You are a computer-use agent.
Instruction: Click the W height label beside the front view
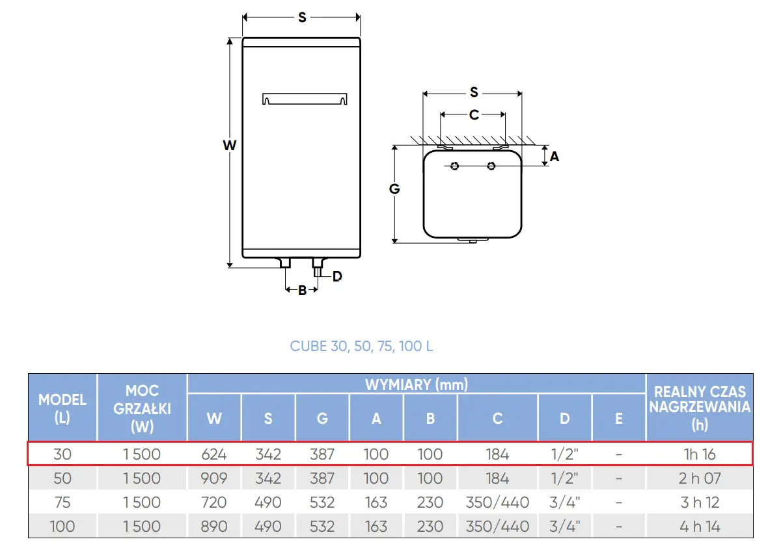(229, 145)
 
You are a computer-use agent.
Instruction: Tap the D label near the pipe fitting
(337, 276)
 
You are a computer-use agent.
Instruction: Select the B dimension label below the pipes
(302, 290)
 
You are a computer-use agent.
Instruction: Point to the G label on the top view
(394, 189)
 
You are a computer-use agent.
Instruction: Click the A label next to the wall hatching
(555, 157)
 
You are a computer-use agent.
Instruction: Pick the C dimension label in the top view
(474, 114)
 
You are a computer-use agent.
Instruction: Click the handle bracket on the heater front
(305, 99)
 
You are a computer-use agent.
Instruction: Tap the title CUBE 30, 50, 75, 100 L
(361, 346)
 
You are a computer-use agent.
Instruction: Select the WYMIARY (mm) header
(417, 384)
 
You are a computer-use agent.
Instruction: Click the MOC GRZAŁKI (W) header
(143, 408)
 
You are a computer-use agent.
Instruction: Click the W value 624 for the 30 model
(214, 454)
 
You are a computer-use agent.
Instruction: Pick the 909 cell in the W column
(214, 478)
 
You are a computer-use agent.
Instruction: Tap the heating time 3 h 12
(700, 502)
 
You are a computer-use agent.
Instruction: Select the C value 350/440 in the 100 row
(497, 526)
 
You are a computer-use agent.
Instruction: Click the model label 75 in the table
(62, 502)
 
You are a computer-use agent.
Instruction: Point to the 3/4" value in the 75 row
(564, 502)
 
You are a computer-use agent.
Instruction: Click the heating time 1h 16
(700, 454)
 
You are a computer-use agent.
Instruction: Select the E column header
(619, 418)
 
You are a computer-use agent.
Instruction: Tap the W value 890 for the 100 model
(214, 526)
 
